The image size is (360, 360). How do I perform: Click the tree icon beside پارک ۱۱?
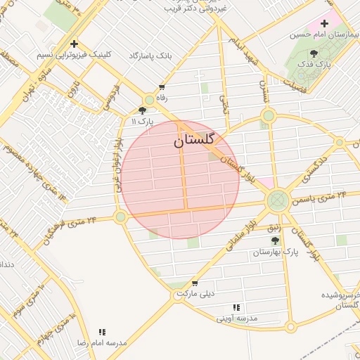click(x=143, y=110)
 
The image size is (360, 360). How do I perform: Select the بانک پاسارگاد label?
click(x=150, y=55)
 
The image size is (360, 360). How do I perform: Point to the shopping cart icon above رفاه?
click(x=162, y=88)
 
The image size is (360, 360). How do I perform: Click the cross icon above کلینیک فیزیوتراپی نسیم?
click(x=74, y=44)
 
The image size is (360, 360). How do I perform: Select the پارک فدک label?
click(x=314, y=64)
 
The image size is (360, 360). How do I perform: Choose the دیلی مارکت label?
click(x=194, y=295)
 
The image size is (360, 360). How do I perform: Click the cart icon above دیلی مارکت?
click(x=194, y=283)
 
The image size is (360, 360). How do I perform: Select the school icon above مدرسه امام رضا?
click(x=103, y=331)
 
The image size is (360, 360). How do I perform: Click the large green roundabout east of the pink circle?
click(x=277, y=201)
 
